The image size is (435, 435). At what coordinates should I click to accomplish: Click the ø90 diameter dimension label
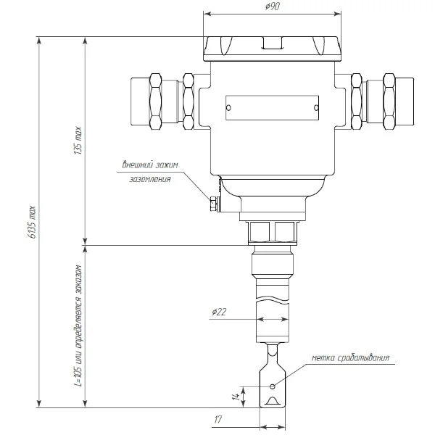click(272, 6)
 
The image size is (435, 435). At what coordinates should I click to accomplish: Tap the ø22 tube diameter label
click(219, 312)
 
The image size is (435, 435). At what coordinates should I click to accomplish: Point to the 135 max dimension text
click(78, 141)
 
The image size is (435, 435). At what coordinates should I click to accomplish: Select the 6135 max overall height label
click(32, 223)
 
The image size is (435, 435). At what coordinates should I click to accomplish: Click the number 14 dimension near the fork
click(236, 397)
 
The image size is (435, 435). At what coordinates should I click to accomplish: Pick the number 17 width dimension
click(217, 420)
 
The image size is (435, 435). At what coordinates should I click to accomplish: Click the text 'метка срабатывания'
click(350, 358)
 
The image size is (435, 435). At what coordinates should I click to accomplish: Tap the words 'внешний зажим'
click(150, 165)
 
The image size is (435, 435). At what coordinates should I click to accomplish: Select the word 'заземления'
click(150, 179)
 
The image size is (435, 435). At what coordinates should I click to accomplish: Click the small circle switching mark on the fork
click(273, 386)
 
